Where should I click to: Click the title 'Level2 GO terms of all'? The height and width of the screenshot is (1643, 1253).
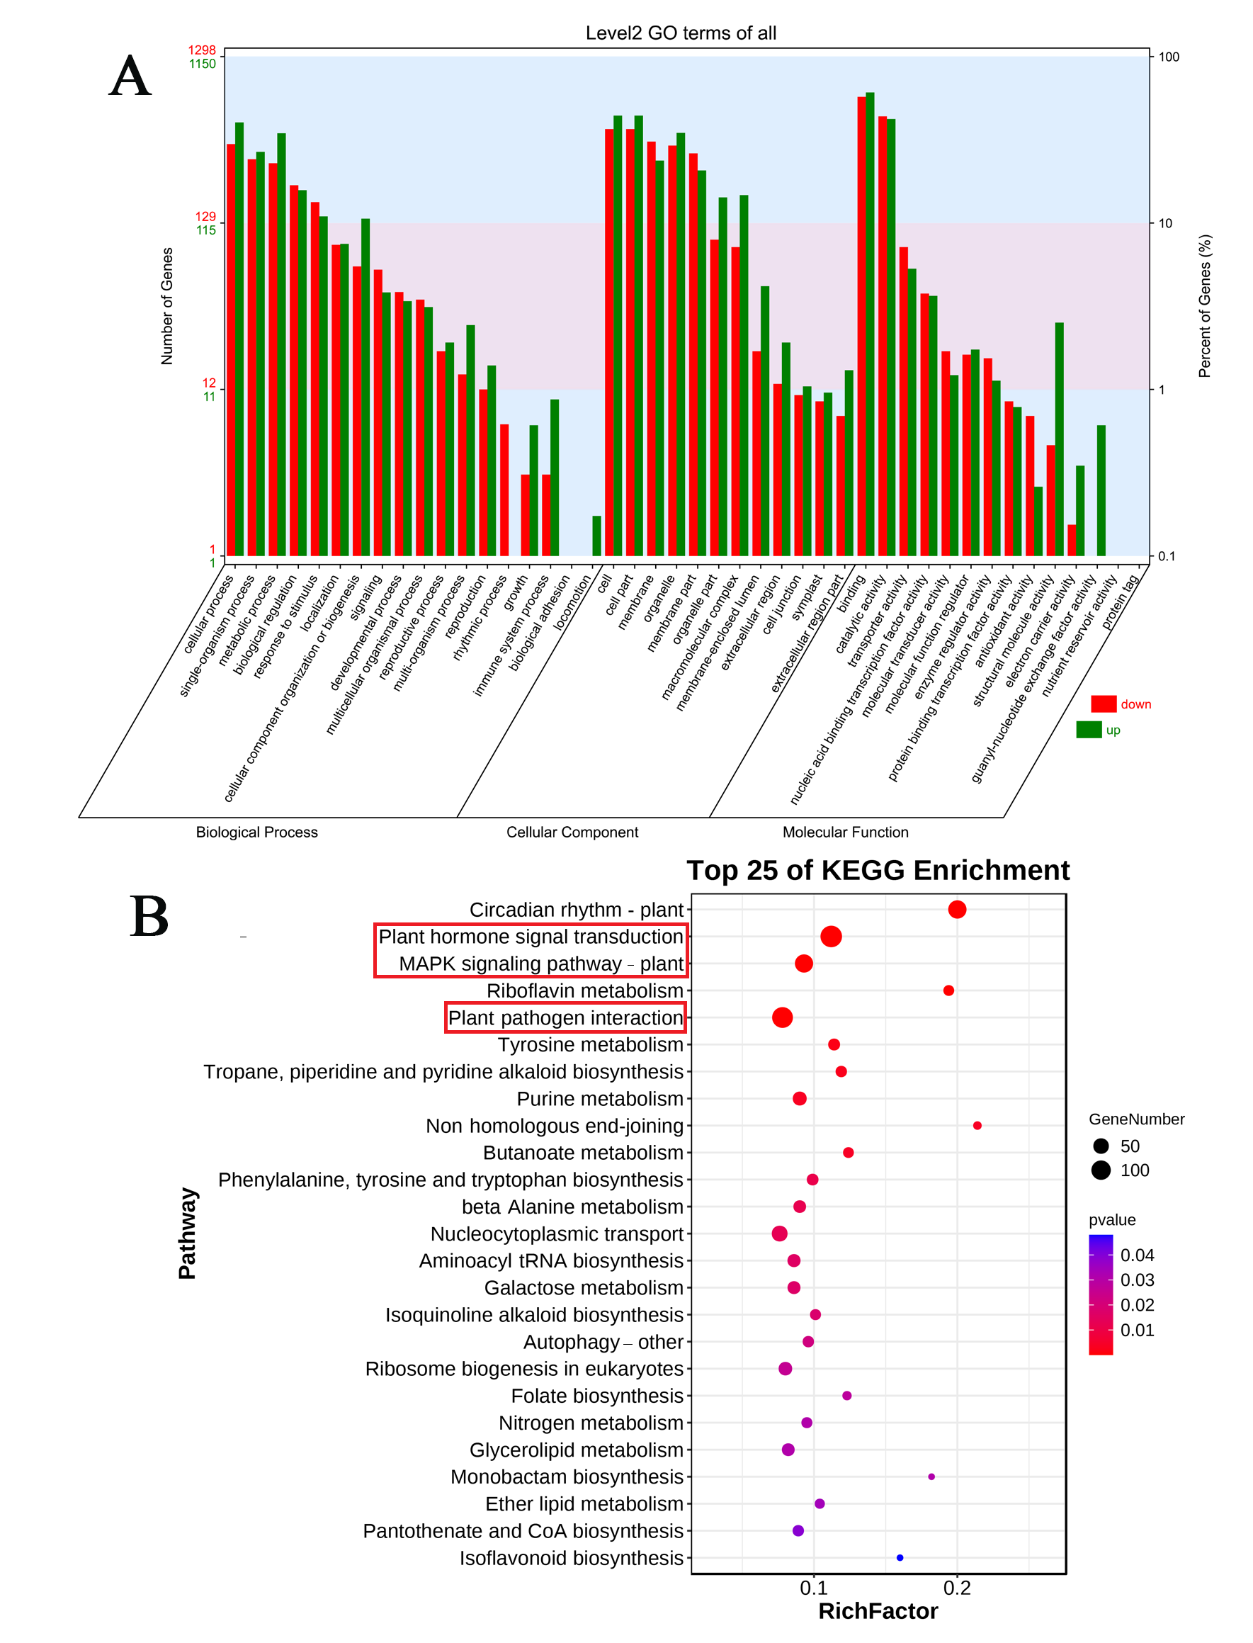tap(680, 33)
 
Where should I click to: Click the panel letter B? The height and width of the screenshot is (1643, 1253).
tap(149, 916)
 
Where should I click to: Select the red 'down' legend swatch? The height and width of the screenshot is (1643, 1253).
tap(1103, 704)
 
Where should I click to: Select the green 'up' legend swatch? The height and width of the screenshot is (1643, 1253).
tap(1089, 730)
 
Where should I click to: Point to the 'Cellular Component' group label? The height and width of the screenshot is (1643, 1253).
tap(572, 832)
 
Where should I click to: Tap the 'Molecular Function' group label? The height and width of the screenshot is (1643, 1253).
tap(845, 832)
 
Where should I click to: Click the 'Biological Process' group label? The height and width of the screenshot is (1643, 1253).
tap(256, 832)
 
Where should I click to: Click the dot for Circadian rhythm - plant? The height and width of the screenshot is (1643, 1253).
tap(957, 910)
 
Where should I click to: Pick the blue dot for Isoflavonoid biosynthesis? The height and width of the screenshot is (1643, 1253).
tap(900, 1558)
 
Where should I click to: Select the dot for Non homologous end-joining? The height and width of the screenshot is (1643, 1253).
tap(977, 1125)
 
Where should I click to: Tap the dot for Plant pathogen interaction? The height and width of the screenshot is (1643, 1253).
tap(782, 1017)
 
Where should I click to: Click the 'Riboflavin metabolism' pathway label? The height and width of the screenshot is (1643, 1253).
tap(585, 991)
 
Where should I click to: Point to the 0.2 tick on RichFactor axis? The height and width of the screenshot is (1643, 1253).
tap(957, 1588)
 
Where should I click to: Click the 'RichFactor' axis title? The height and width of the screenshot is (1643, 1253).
tap(878, 1612)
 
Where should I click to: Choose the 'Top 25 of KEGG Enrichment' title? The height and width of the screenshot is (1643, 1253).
tap(878, 871)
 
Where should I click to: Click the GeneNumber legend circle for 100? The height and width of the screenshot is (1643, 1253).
tap(1101, 1170)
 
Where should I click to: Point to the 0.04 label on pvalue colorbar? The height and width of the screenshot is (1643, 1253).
tap(1137, 1255)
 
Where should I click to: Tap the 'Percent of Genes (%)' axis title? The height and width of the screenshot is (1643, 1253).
tap(1205, 306)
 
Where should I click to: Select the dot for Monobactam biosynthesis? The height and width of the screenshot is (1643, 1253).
tap(931, 1477)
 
